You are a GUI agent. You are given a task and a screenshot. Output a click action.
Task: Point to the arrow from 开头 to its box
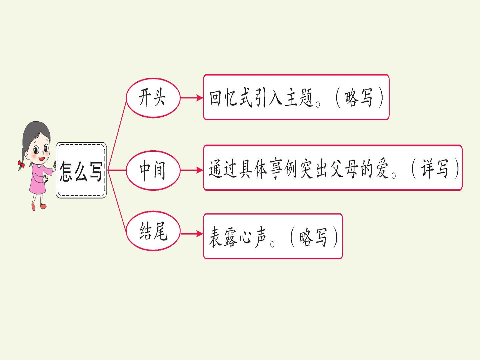coord(192,98)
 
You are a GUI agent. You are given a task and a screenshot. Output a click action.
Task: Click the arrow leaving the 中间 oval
coord(192,170)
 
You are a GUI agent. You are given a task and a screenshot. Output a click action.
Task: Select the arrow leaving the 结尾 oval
coord(192,234)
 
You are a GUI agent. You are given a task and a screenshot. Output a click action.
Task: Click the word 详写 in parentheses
coord(434,169)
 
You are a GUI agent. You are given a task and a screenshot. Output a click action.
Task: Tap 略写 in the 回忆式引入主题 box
coord(359,98)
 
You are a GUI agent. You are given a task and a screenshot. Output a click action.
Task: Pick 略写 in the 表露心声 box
coord(313,238)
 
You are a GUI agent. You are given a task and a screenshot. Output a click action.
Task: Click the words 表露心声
coord(237,238)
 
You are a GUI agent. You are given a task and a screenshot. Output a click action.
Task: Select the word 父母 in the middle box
coord(344,169)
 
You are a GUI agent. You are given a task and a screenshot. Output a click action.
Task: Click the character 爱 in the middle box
coord(382,169)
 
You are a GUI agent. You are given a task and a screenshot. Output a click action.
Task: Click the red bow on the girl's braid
coord(21,163)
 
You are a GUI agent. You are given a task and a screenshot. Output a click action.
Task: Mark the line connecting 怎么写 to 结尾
coord(117,200)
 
